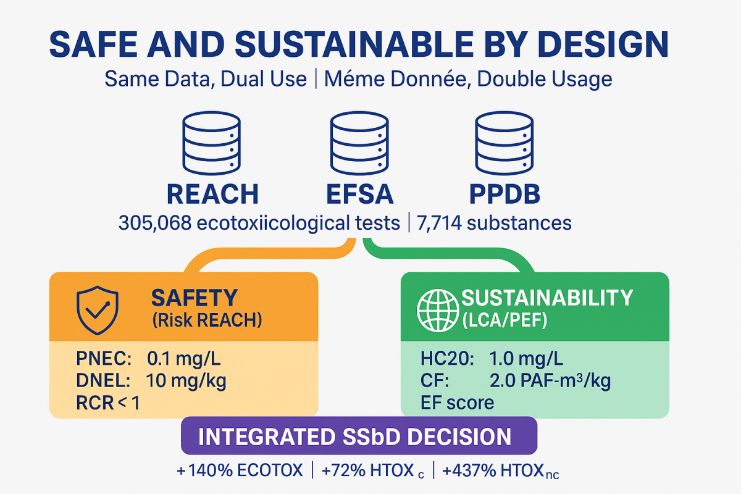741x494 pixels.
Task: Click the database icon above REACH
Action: click(212, 146)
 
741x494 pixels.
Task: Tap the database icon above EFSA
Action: click(359, 146)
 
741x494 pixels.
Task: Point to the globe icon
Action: click(438, 309)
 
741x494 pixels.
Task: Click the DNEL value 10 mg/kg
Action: click(186, 380)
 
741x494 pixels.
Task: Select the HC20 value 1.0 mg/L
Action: click(525, 358)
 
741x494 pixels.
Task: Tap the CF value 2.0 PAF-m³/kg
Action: click(550, 380)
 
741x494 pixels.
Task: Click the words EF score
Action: click(457, 403)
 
